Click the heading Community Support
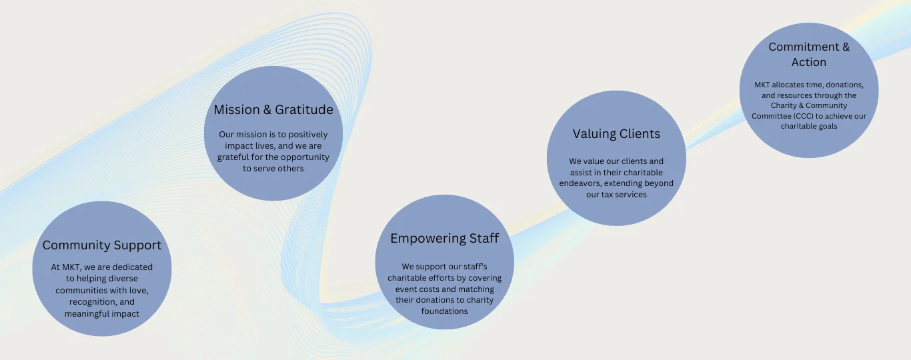coord(101,245)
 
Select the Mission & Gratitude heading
coord(273,110)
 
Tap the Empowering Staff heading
coord(445,239)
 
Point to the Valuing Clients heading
coord(616,134)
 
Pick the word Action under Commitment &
coord(808,62)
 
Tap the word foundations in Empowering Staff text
coord(445,311)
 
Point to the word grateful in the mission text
coord(233,157)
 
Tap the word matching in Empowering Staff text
coord(475,289)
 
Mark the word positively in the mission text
coord(308,135)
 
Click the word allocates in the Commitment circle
coord(788,85)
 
